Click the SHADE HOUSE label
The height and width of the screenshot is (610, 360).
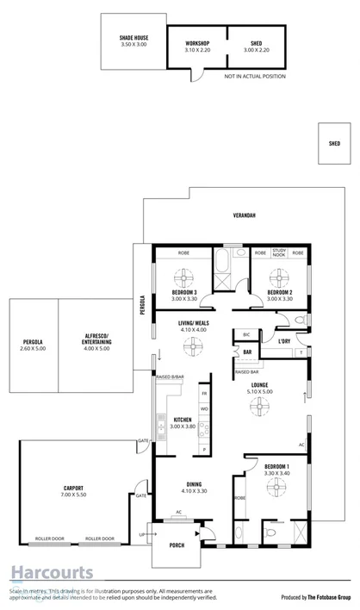(133, 38)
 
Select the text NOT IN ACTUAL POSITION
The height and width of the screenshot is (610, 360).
(254, 77)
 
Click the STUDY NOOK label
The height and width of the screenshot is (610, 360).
(278, 252)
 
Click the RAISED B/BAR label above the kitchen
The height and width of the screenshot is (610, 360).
(170, 377)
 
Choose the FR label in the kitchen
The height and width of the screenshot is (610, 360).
(204, 393)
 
